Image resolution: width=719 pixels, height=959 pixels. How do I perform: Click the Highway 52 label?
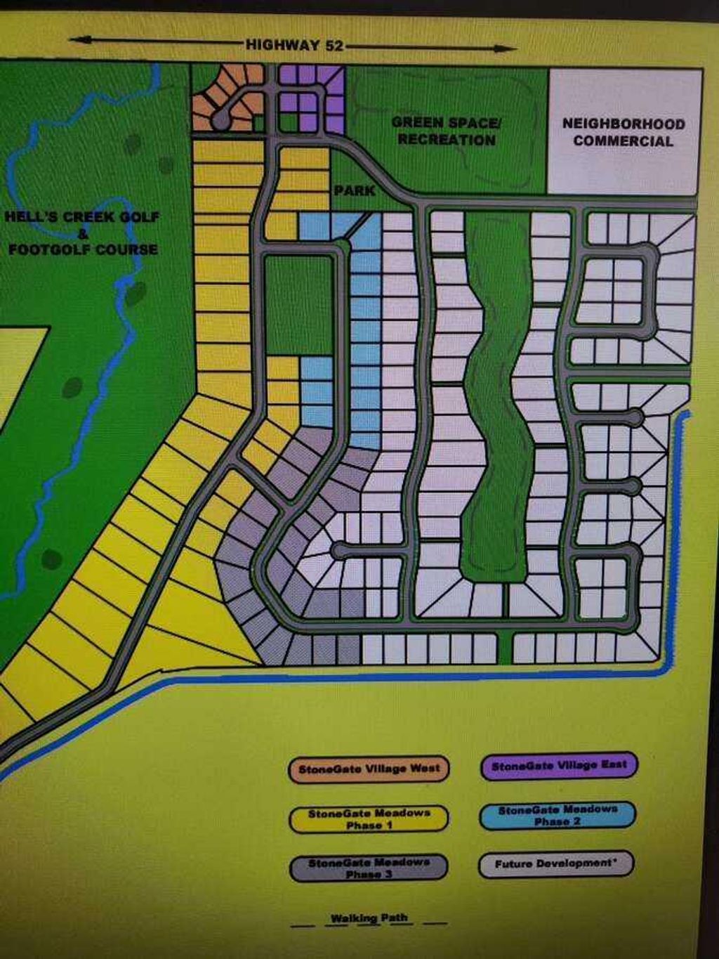295,46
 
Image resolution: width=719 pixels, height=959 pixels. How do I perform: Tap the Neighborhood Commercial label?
624,132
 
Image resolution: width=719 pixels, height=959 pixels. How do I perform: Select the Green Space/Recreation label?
447,131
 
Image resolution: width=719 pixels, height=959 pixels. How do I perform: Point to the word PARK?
355,190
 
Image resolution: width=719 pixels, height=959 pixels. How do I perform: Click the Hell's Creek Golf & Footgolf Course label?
83,233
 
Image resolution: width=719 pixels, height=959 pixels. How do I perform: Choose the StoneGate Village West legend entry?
369,769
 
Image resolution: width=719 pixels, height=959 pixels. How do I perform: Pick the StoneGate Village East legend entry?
559,765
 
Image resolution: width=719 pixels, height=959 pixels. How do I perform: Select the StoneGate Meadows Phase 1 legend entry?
369,819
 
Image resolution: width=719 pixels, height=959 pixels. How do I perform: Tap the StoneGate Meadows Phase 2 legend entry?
558,816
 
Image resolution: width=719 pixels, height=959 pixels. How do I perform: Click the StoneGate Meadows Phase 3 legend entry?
369,868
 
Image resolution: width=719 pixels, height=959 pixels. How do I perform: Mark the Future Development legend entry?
555,864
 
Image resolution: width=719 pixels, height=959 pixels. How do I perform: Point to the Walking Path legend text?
369,918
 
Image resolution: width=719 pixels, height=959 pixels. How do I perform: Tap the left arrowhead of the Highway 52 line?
76,40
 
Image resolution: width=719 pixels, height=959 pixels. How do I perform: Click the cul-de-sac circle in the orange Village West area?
220,120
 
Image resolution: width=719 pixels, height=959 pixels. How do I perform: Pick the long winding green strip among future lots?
498,393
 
